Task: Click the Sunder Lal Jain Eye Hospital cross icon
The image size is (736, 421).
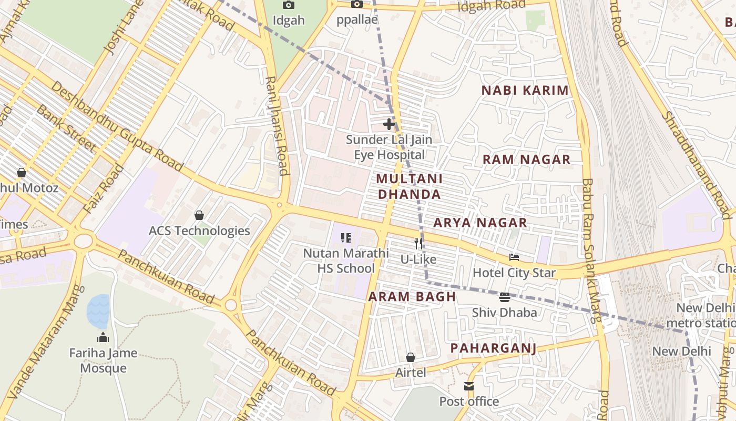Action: click(x=389, y=124)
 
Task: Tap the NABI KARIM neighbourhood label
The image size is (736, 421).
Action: click(x=525, y=91)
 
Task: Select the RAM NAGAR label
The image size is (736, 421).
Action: click(x=526, y=160)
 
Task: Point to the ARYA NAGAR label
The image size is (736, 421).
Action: click(x=480, y=223)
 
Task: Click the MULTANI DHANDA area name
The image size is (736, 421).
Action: click(x=409, y=186)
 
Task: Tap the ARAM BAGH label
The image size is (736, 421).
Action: click(x=412, y=296)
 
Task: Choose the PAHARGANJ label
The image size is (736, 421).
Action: click(x=493, y=348)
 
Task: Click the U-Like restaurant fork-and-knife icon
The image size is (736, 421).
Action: click(x=418, y=243)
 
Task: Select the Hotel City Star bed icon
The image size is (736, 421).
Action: click(x=514, y=257)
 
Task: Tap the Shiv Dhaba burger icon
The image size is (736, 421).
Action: click(x=505, y=297)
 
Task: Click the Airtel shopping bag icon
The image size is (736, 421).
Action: click(x=411, y=357)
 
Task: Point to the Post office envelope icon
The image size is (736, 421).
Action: click(x=469, y=386)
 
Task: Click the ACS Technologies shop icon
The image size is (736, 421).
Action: click(x=199, y=215)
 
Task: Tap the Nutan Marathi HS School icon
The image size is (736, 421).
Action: click(x=346, y=238)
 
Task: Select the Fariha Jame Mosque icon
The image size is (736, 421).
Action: click(x=103, y=337)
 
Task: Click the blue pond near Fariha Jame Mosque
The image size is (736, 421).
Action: click(x=98, y=311)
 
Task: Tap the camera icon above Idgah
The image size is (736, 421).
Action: click(x=289, y=5)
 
